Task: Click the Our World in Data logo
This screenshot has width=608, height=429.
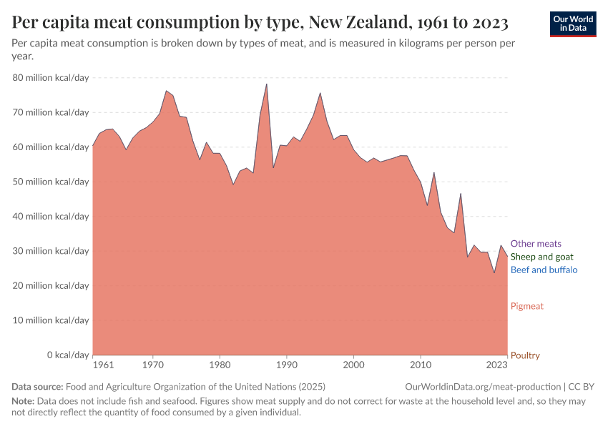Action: (x=572, y=24)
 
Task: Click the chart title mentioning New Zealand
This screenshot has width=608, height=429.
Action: (x=260, y=23)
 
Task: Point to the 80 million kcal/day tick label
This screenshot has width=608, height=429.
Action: (x=51, y=78)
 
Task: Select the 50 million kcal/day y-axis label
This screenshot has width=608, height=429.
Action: (x=51, y=182)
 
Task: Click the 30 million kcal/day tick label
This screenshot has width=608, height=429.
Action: (x=51, y=251)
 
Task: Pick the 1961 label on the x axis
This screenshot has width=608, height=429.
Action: (x=103, y=365)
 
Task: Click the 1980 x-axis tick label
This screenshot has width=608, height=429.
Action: (x=220, y=365)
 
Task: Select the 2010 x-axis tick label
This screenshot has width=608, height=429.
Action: (x=421, y=365)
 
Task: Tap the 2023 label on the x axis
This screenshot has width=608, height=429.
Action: (x=497, y=365)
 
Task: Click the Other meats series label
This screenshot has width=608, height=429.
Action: (x=536, y=244)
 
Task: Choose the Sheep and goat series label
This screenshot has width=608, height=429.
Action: (x=541, y=257)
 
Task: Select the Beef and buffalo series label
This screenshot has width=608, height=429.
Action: (x=544, y=270)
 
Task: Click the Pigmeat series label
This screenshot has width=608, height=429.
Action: (x=526, y=306)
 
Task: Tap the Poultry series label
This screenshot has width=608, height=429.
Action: (x=525, y=355)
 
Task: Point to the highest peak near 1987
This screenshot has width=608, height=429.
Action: (x=267, y=84)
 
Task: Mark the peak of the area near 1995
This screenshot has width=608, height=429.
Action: (x=320, y=93)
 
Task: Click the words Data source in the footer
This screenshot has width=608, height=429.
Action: (x=37, y=387)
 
